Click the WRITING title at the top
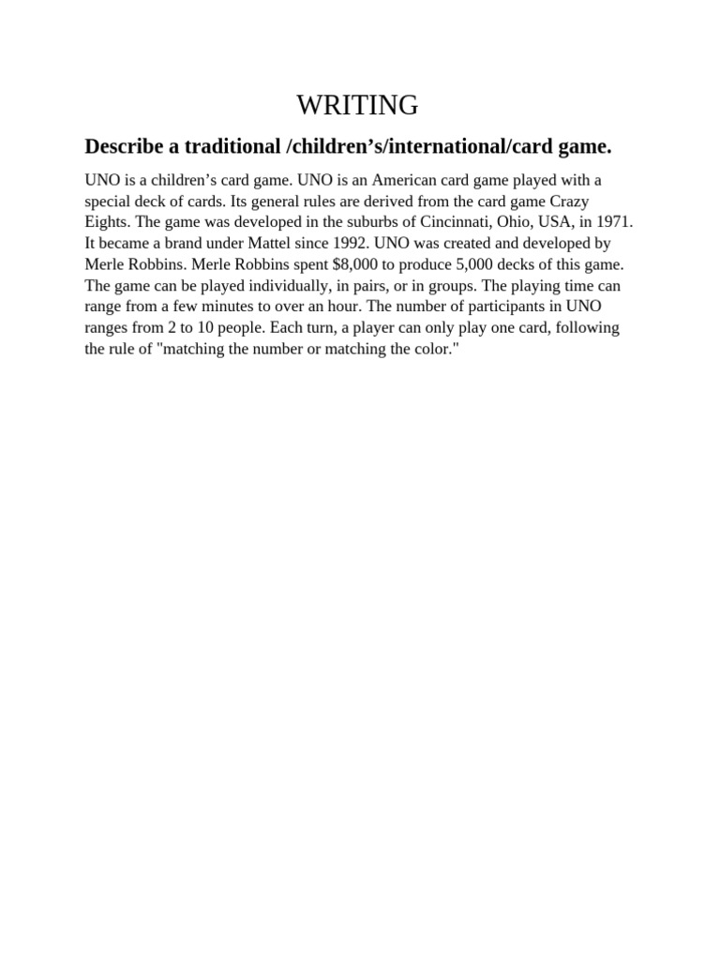pos(357,105)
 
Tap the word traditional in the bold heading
pos(231,146)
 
